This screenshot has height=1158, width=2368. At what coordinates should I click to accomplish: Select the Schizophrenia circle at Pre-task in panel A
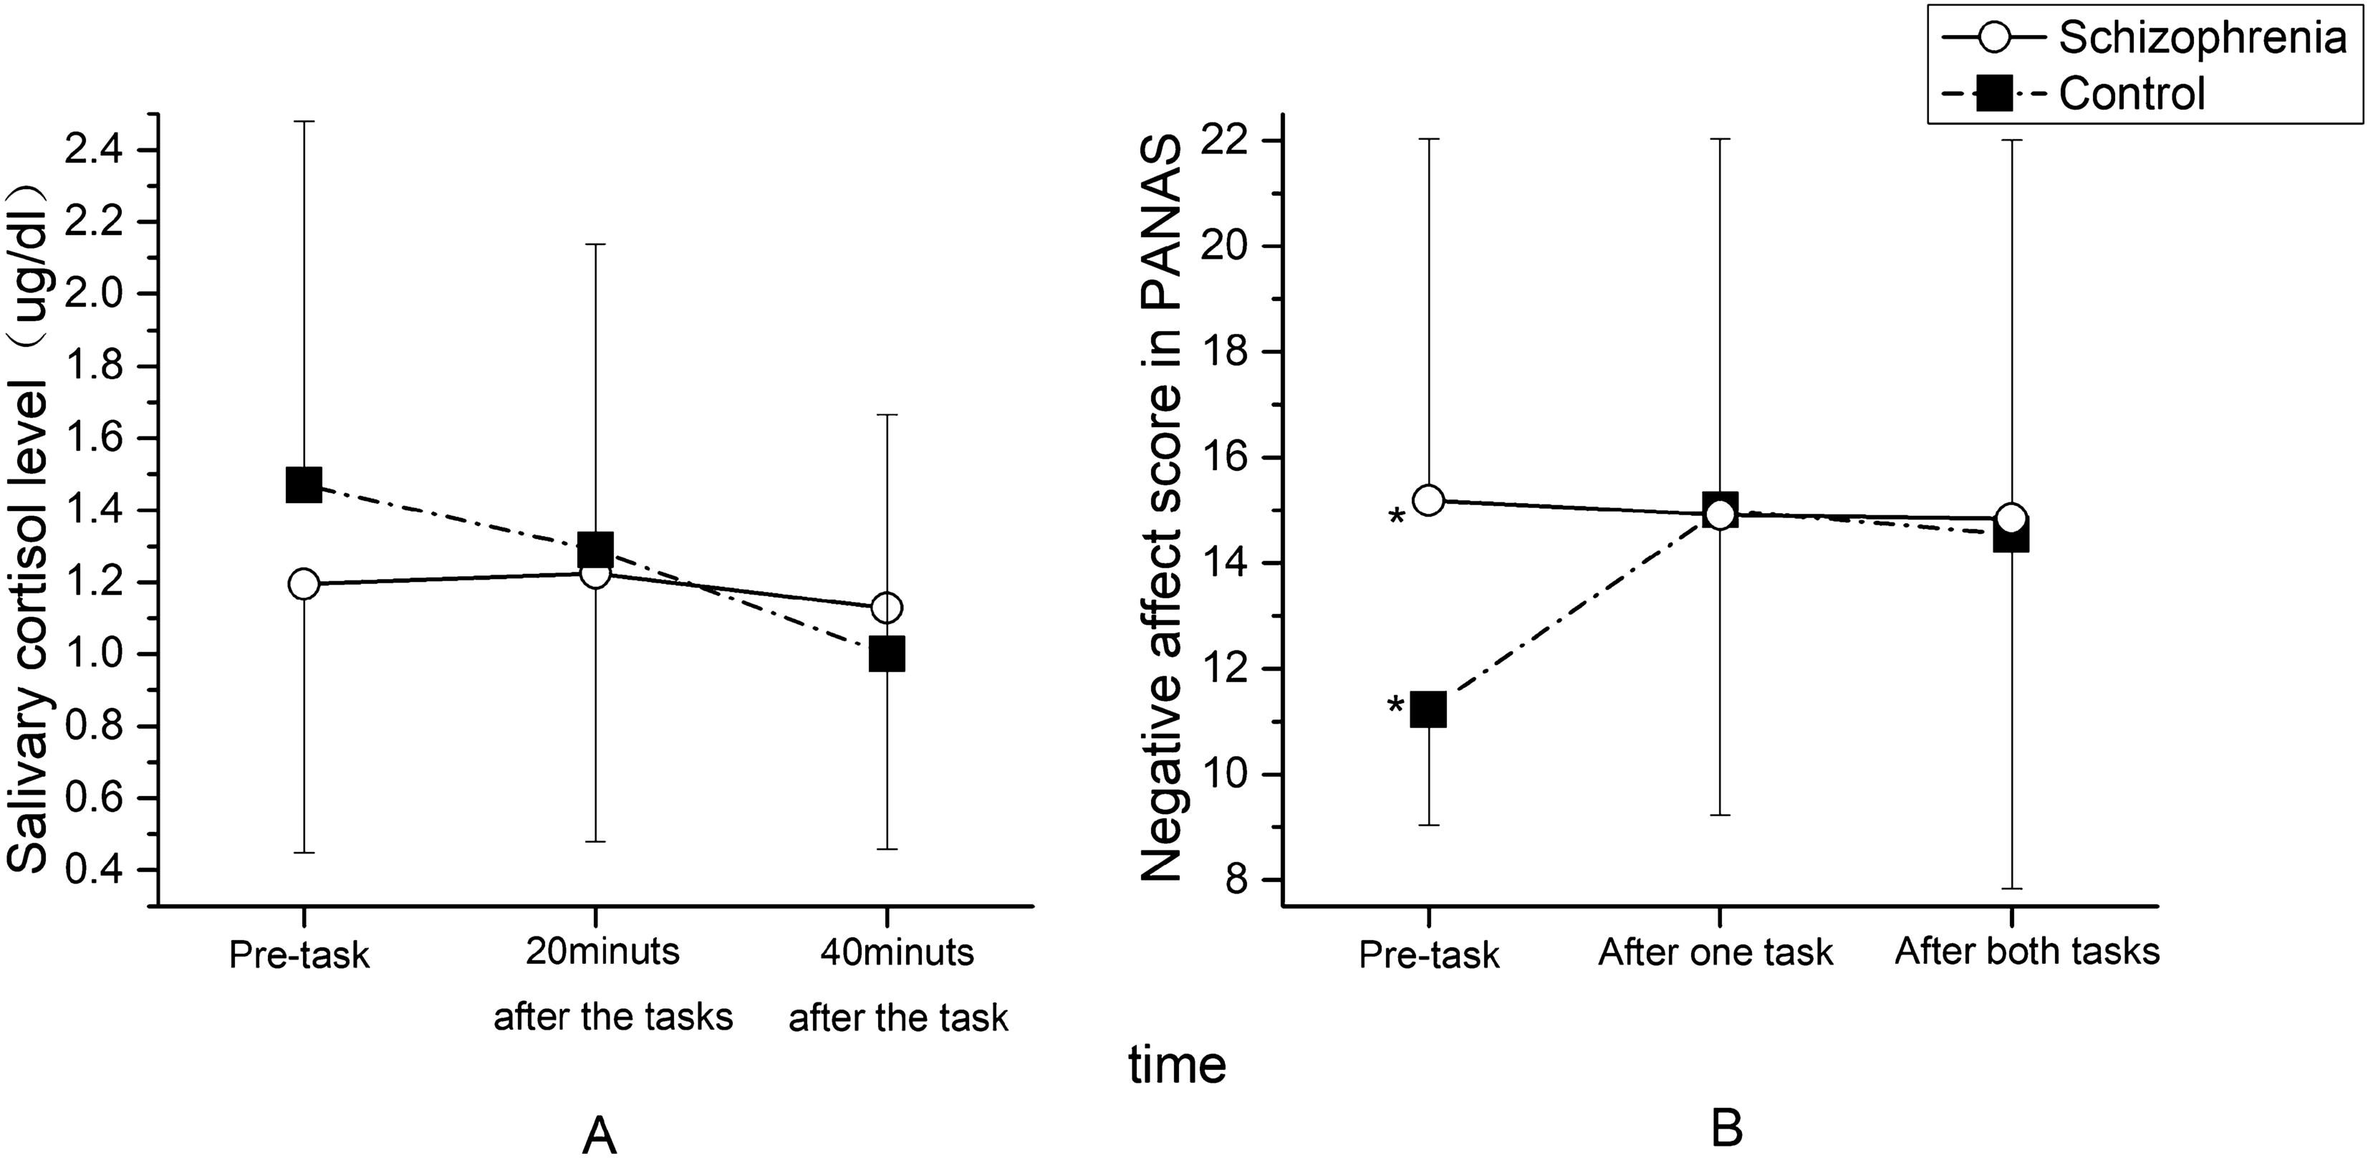point(304,584)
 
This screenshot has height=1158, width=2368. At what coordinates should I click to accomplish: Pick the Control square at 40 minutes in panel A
point(886,654)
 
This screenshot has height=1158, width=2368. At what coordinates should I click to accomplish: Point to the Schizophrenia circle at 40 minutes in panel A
point(886,607)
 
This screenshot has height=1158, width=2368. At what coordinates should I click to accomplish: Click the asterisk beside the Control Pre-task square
point(1395,707)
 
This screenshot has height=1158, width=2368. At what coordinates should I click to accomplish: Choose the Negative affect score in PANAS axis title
point(1160,510)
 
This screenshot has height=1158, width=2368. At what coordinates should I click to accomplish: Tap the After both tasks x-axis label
point(2027,951)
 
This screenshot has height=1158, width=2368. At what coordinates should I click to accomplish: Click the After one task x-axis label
point(1715,952)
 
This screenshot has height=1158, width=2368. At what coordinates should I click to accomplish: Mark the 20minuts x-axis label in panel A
point(603,951)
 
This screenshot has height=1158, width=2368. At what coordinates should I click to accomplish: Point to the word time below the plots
point(1178,1065)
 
